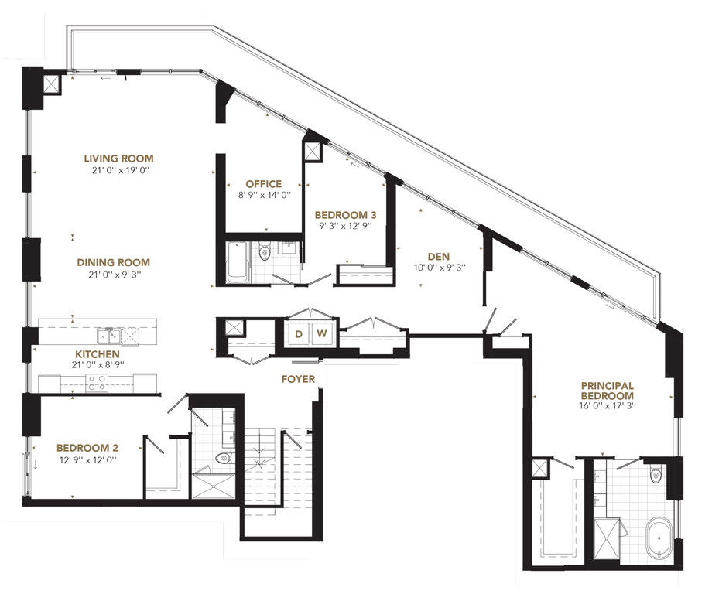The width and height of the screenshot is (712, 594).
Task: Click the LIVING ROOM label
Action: [118, 159]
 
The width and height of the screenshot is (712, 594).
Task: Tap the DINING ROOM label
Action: [113, 262]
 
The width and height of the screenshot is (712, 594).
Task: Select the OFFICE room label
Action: [263, 184]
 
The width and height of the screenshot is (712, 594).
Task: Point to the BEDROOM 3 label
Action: [345, 215]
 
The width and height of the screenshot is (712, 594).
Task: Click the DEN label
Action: [439, 256]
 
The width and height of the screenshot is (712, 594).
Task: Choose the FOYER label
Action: [298, 379]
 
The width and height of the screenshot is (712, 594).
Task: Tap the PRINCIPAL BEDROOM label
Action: [607, 391]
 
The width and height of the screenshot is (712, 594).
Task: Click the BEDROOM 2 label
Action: [87, 448]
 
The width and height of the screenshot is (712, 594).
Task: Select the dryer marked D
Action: [298, 334]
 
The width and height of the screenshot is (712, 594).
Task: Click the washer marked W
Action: [322, 334]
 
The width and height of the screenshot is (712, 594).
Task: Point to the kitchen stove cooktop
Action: [97, 383]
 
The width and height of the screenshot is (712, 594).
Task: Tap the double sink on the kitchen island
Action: [108, 336]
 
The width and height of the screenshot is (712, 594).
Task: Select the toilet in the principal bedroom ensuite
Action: [656, 475]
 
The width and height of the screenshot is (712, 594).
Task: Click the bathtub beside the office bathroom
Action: [237, 262]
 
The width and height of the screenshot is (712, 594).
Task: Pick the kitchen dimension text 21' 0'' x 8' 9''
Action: [98, 364]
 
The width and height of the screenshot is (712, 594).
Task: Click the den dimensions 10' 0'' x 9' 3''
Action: [440, 268]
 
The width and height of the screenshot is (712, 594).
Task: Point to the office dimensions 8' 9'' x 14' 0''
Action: [264, 196]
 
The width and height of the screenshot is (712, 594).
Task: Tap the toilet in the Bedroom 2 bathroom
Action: [224, 458]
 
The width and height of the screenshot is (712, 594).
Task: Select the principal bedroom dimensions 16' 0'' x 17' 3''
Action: [608, 406]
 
